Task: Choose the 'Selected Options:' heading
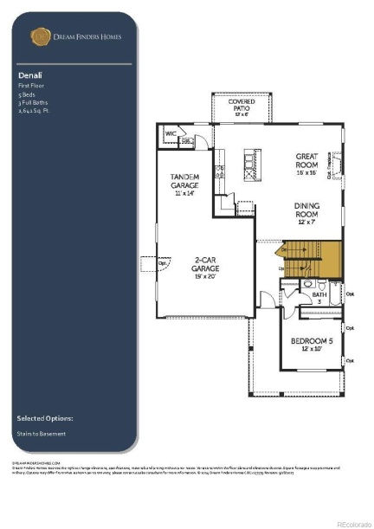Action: point(44,418)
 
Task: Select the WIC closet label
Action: point(171,133)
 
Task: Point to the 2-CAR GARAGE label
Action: point(205,264)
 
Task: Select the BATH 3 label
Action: point(319,297)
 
